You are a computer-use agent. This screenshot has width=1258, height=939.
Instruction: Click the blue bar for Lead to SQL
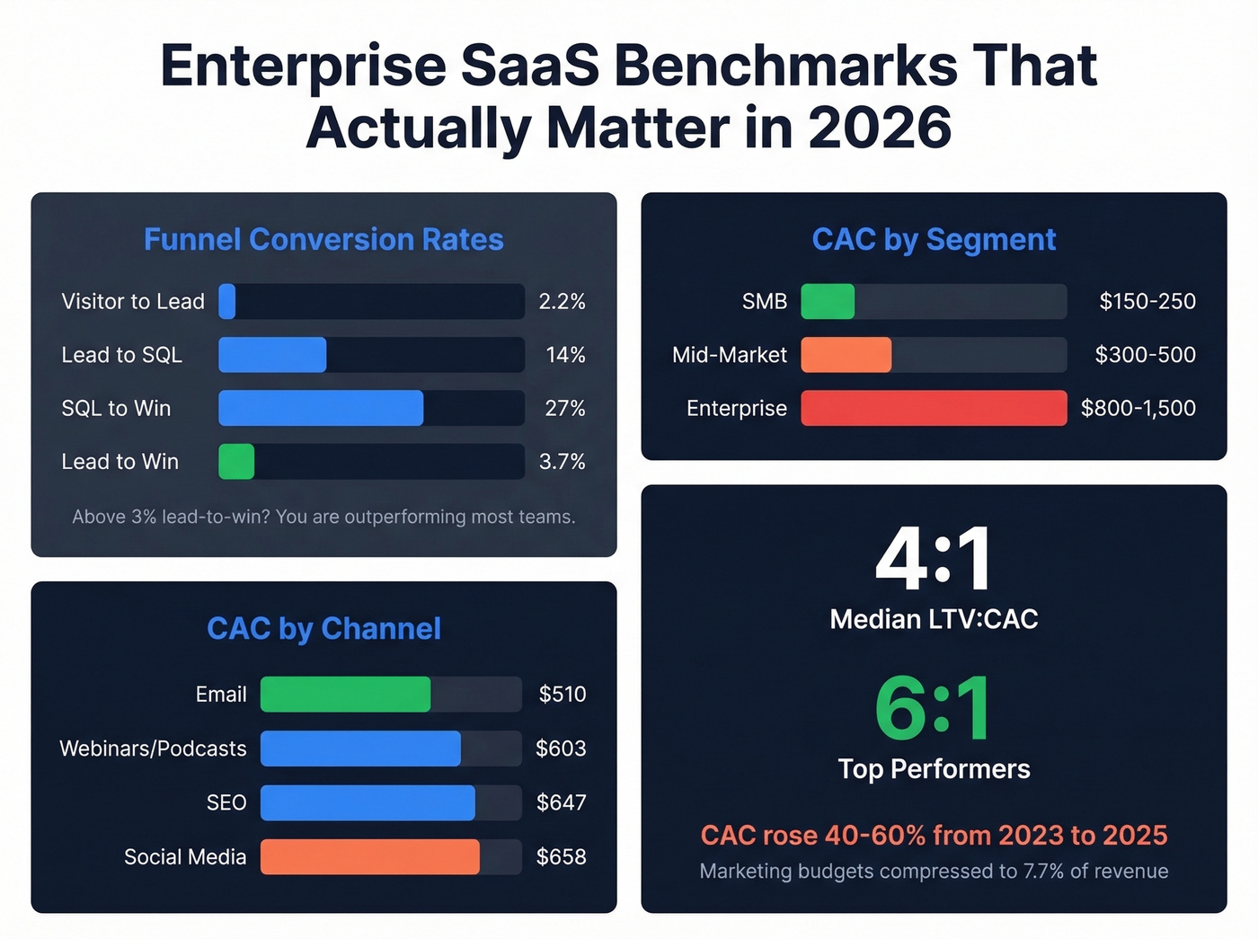272,355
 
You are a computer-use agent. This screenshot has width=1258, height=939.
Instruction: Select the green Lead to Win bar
236,462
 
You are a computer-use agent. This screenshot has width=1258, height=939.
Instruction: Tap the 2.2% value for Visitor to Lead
562,302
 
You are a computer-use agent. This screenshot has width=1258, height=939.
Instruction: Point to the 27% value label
564,409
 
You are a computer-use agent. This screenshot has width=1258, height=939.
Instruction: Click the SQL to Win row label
116,409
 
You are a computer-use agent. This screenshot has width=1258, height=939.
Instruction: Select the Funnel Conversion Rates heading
323,240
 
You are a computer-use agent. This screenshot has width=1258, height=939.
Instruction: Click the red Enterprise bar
934,409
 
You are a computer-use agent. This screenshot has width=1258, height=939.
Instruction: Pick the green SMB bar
828,302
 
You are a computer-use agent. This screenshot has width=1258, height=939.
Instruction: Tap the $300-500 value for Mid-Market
1145,355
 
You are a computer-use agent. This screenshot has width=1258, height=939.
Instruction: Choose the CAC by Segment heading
934,240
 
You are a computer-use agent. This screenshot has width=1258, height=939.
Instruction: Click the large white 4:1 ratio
934,560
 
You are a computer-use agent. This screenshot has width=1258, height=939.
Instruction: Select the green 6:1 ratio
934,710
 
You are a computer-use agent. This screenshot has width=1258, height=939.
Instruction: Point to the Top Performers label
934,769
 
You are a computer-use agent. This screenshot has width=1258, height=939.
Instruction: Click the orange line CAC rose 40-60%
934,836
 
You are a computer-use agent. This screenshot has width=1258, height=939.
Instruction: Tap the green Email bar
345,695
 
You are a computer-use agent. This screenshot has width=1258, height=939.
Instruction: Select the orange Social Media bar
369,857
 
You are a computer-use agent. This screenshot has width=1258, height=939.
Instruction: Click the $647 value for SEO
561,802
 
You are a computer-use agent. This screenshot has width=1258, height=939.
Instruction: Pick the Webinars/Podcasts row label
153,749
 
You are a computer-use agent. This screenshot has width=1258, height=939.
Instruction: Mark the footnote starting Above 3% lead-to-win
323,517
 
